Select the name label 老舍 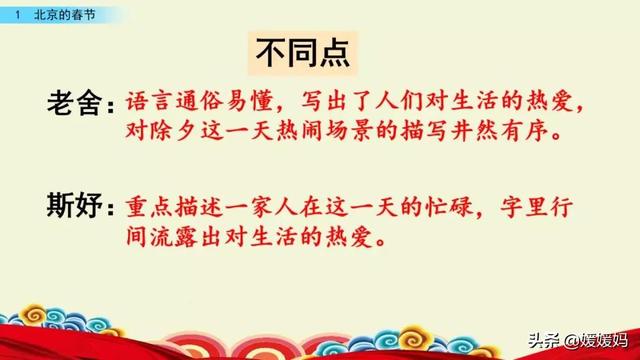(79, 103)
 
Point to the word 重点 (151, 206)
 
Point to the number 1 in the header (17, 14)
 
